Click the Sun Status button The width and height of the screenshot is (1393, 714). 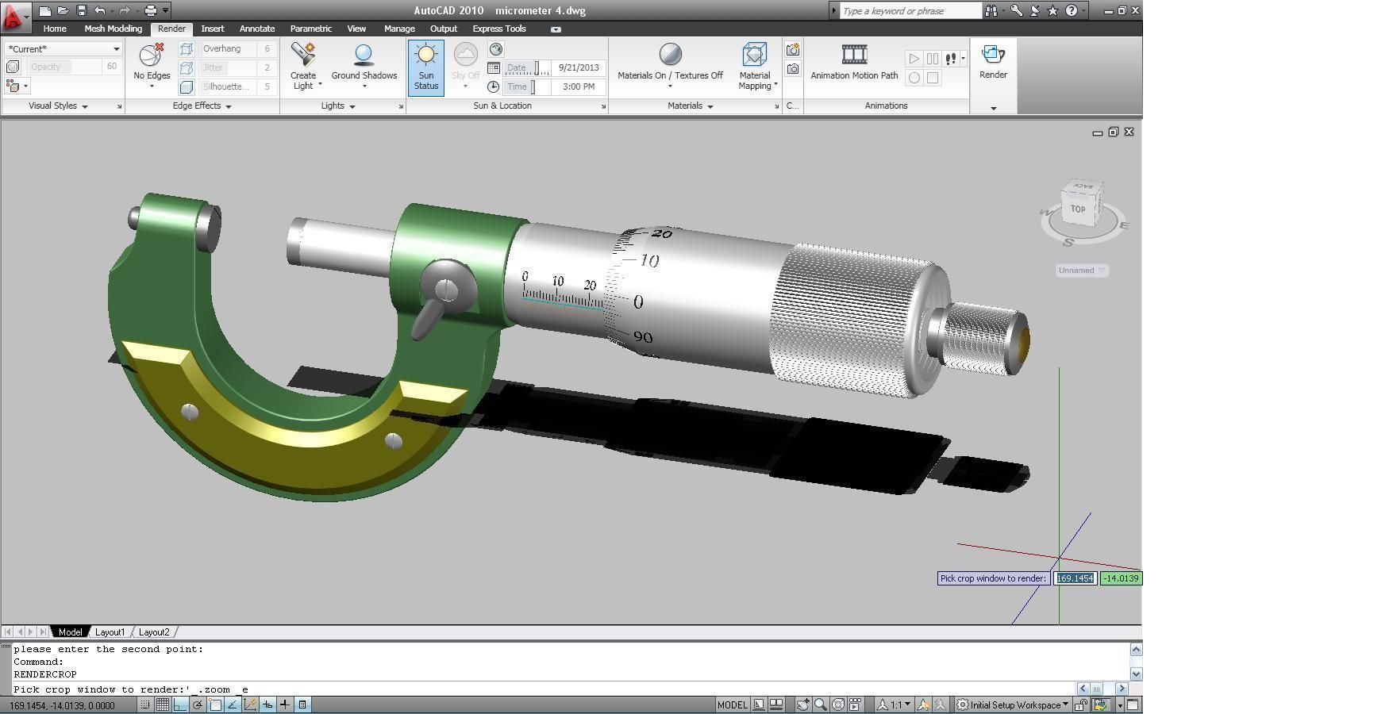tap(426, 67)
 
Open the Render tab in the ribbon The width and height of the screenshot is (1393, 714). tap(171, 29)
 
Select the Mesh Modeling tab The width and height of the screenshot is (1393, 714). tap(113, 29)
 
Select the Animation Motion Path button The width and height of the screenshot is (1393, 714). tap(854, 63)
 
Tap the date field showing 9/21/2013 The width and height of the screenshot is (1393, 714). tap(578, 67)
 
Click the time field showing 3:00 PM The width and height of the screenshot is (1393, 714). tap(578, 86)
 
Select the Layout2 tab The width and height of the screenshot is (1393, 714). tap(154, 632)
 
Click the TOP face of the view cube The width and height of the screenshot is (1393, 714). tap(1078, 209)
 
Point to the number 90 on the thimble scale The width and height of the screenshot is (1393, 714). tap(643, 337)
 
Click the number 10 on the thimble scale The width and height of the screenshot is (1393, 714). tap(649, 260)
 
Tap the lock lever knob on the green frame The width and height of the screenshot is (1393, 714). tap(446, 290)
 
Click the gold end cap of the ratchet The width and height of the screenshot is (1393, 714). tap(1023, 341)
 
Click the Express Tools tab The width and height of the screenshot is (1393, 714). tap(498, 29)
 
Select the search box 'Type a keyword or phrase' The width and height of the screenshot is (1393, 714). tap(910, 11)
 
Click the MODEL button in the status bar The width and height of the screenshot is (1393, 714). tap(732, 704)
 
